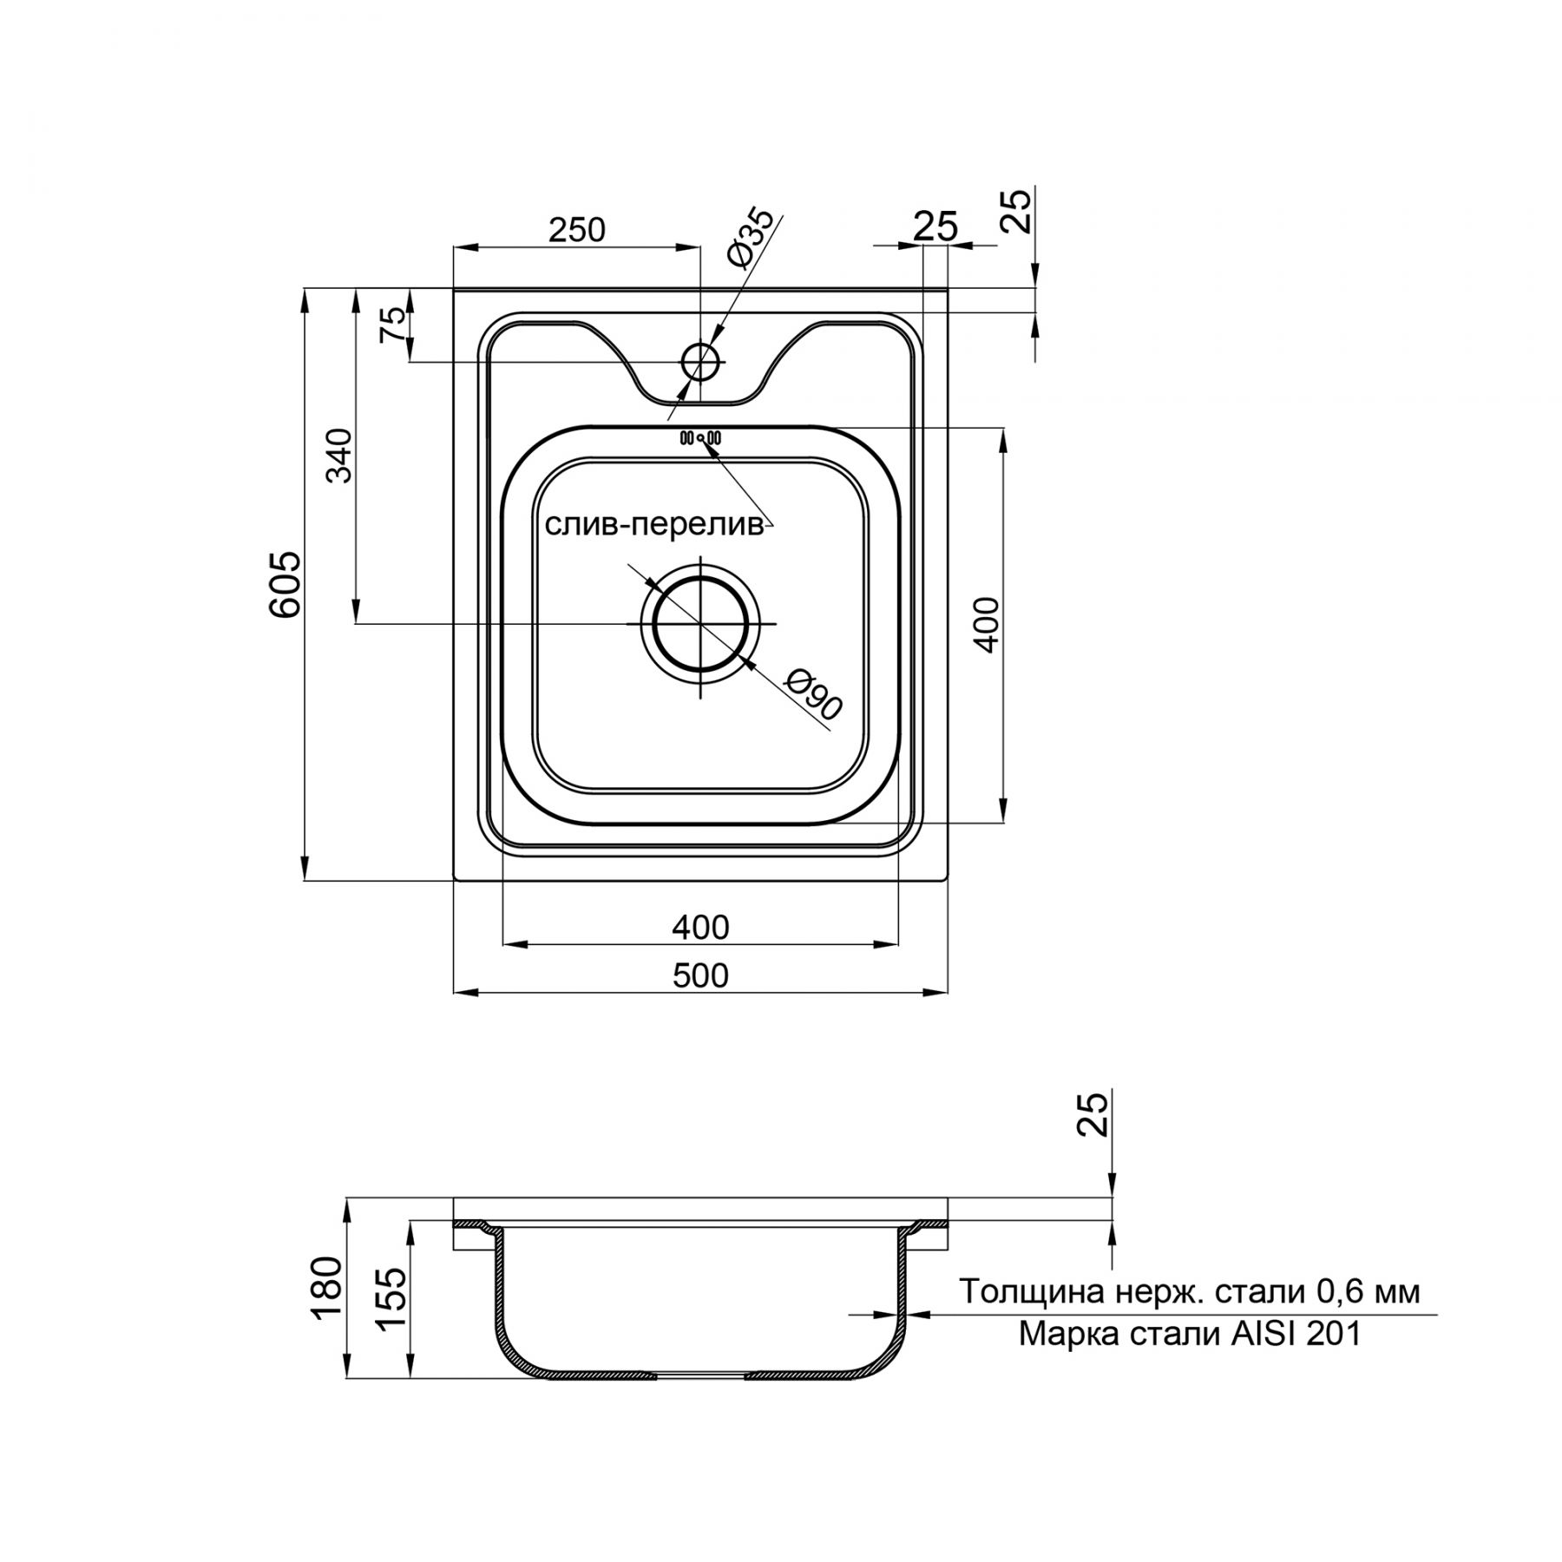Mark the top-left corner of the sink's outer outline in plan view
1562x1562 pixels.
pyautogui.click(x=454, y=289)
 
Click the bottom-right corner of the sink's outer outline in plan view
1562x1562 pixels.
pyautogui.click(x=948, y=882)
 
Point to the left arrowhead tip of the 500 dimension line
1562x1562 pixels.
pyautogui.click(x=454, y=991)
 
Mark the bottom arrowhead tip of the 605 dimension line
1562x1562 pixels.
pyautogui.click(x=305, y=882)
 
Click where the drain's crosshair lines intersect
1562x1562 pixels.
pyautogui.click(x=700, y=623)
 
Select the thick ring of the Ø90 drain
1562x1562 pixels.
pyautogui.click(x=700, y=623)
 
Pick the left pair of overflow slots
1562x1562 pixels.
pyautogui.click(x=685, y=437)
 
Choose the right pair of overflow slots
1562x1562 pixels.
pyautogui.click(x=714, y=437)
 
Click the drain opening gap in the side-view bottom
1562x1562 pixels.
pyautogui.click(x=700, y=1375)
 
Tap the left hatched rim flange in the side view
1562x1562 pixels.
pyautogui.click(x=475, y=1225)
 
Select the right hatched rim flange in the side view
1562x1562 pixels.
pyautogui.click(x=926, y=1225)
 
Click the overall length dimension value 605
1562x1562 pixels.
pyautogui.click(x=285, y=583)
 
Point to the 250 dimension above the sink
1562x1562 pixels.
pyautogui.click(x=577, y=230)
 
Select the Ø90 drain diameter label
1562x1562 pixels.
pyautogui.click(x=813, y=695)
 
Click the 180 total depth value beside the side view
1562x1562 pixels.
pyautogui.click(x=329, y=1288)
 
